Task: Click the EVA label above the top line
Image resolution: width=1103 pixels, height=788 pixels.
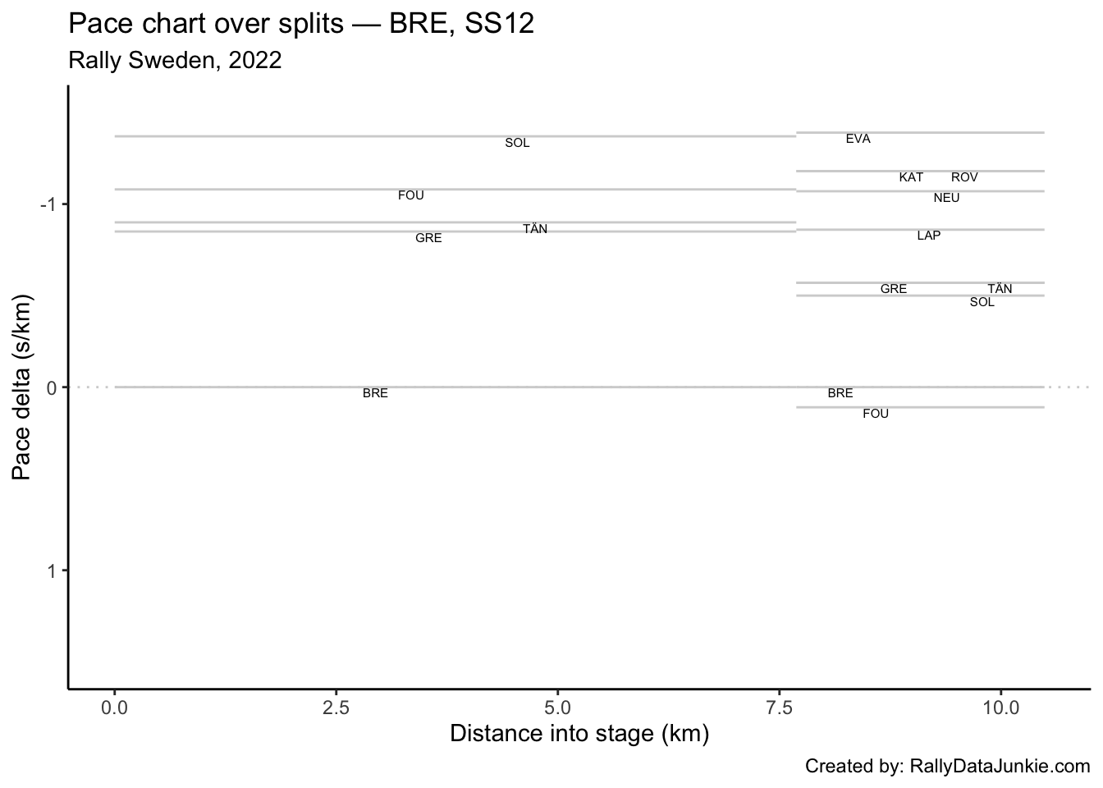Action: tap(858, 140)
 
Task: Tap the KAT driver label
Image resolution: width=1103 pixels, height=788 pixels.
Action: tap(911, 177)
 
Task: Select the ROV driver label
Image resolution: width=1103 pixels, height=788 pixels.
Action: tap(964, 177)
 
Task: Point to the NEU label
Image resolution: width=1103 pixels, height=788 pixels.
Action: tap(946, 198)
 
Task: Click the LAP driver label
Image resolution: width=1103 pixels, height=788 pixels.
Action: tap(928, 236)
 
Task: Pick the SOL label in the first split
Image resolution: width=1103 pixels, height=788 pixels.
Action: tap(517, 143)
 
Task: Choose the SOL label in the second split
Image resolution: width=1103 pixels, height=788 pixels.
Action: tap(982, 302)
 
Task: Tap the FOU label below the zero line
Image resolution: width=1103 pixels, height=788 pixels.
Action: tap(876, 414)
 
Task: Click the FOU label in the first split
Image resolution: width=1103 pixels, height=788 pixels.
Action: tap(410, 195)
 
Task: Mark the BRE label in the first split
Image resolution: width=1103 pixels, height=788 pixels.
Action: tap(375, 393)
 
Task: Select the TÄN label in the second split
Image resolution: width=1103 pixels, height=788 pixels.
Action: tap(1000, 289)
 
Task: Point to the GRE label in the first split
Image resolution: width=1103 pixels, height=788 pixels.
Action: tap(428, 238)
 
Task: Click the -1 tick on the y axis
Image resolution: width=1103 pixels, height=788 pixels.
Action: tap(48, 204)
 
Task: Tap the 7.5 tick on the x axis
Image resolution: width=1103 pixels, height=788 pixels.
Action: tap(778, 707)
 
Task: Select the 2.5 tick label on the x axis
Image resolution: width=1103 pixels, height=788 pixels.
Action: tap(336, 707)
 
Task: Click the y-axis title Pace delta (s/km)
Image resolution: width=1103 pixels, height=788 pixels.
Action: tap(22, 387)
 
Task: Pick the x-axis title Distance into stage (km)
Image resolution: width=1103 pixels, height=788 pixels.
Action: tap(579, 734)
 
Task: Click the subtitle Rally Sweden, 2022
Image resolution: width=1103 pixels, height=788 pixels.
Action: tap(176, 61)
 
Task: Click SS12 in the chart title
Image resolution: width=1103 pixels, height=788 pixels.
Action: tap(499, 25)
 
